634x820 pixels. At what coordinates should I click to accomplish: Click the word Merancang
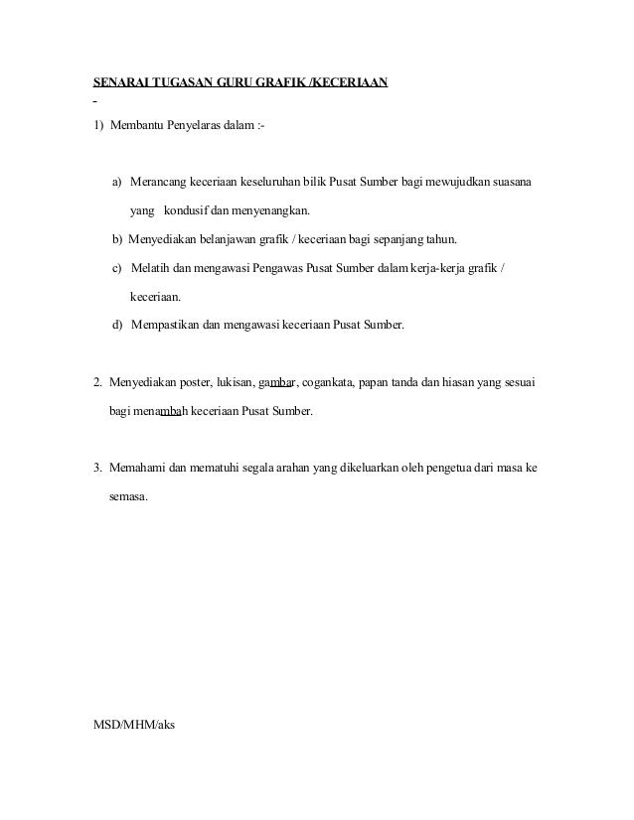click(160, 184)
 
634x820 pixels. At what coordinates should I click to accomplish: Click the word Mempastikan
click(164, 323)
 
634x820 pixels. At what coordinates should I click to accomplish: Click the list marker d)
click(118, 323)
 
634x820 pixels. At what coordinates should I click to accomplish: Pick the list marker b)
click(118, 239)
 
